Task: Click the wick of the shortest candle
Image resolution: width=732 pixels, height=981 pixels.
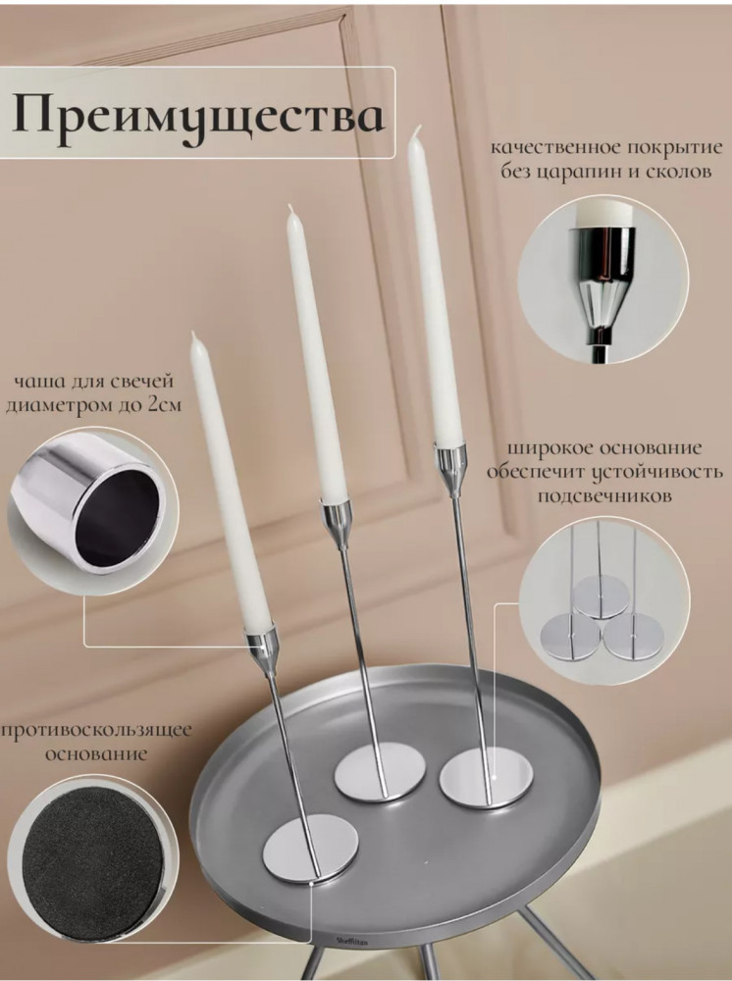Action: click(194, 336)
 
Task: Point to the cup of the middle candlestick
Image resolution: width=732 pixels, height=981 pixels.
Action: click(335, 517)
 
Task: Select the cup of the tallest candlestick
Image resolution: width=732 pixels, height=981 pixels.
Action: click(450, 464)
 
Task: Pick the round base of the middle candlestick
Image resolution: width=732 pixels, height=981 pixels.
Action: click(380, 772)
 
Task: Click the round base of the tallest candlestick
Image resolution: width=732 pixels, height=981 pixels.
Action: click(486, 778)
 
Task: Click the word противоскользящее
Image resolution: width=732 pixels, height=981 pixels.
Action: click(96, 731)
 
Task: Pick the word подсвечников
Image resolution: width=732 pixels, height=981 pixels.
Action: click(604, 495)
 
